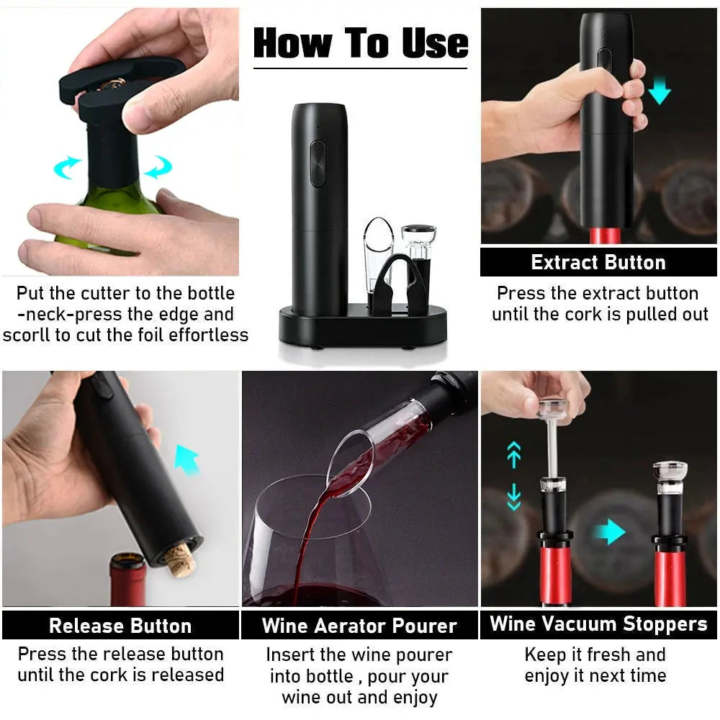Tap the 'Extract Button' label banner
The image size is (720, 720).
(598, 262)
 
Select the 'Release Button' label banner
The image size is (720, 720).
(120, 626)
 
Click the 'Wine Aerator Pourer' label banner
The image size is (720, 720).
(359, 626)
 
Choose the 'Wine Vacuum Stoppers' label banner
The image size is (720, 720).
(598, 624)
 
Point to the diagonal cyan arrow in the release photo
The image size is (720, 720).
(186, 459)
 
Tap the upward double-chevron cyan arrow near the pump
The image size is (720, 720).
(513, 454)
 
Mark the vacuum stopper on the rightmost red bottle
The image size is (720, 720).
(670, 504)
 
